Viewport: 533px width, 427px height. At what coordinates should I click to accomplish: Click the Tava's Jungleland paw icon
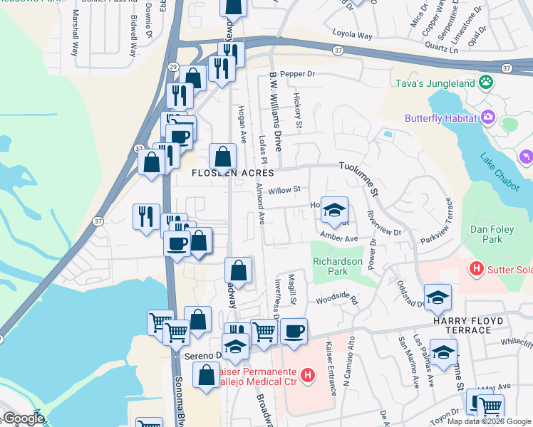(486, 83)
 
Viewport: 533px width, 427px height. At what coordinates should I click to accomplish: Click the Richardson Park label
(335, 266)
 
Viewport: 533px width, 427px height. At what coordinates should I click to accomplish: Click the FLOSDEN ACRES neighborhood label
(232, 173)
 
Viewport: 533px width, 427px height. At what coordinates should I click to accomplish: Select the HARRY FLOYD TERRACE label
(468, 321)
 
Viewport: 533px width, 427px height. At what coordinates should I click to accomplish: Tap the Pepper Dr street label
(297, 74)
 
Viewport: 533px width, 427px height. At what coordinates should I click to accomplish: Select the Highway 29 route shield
(172, 66)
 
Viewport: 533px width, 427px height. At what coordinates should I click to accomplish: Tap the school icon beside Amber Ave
(334, 211)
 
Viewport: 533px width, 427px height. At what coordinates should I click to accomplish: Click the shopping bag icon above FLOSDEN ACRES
(223, 157)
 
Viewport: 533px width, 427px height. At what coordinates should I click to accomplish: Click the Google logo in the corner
(23, 418)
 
